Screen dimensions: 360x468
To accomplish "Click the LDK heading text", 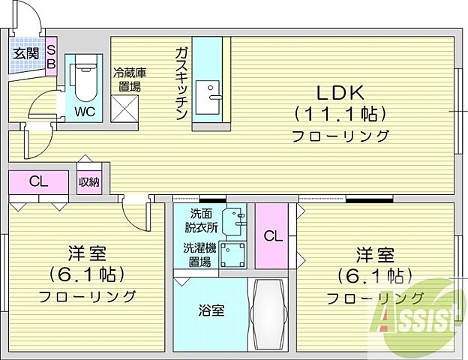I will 338,92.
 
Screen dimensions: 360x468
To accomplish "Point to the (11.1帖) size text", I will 339,114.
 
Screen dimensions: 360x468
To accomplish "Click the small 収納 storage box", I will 88,181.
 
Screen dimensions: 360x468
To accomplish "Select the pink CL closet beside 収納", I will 39,181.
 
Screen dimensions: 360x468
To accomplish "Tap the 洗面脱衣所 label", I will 201,219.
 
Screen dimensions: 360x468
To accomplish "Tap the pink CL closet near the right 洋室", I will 273,235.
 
